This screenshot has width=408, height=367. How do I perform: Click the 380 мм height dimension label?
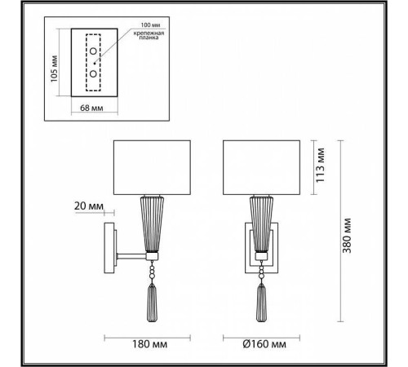(348, 237)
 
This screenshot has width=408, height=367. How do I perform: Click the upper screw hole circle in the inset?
(95, 52)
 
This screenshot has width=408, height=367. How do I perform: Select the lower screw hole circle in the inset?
(95, 73)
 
